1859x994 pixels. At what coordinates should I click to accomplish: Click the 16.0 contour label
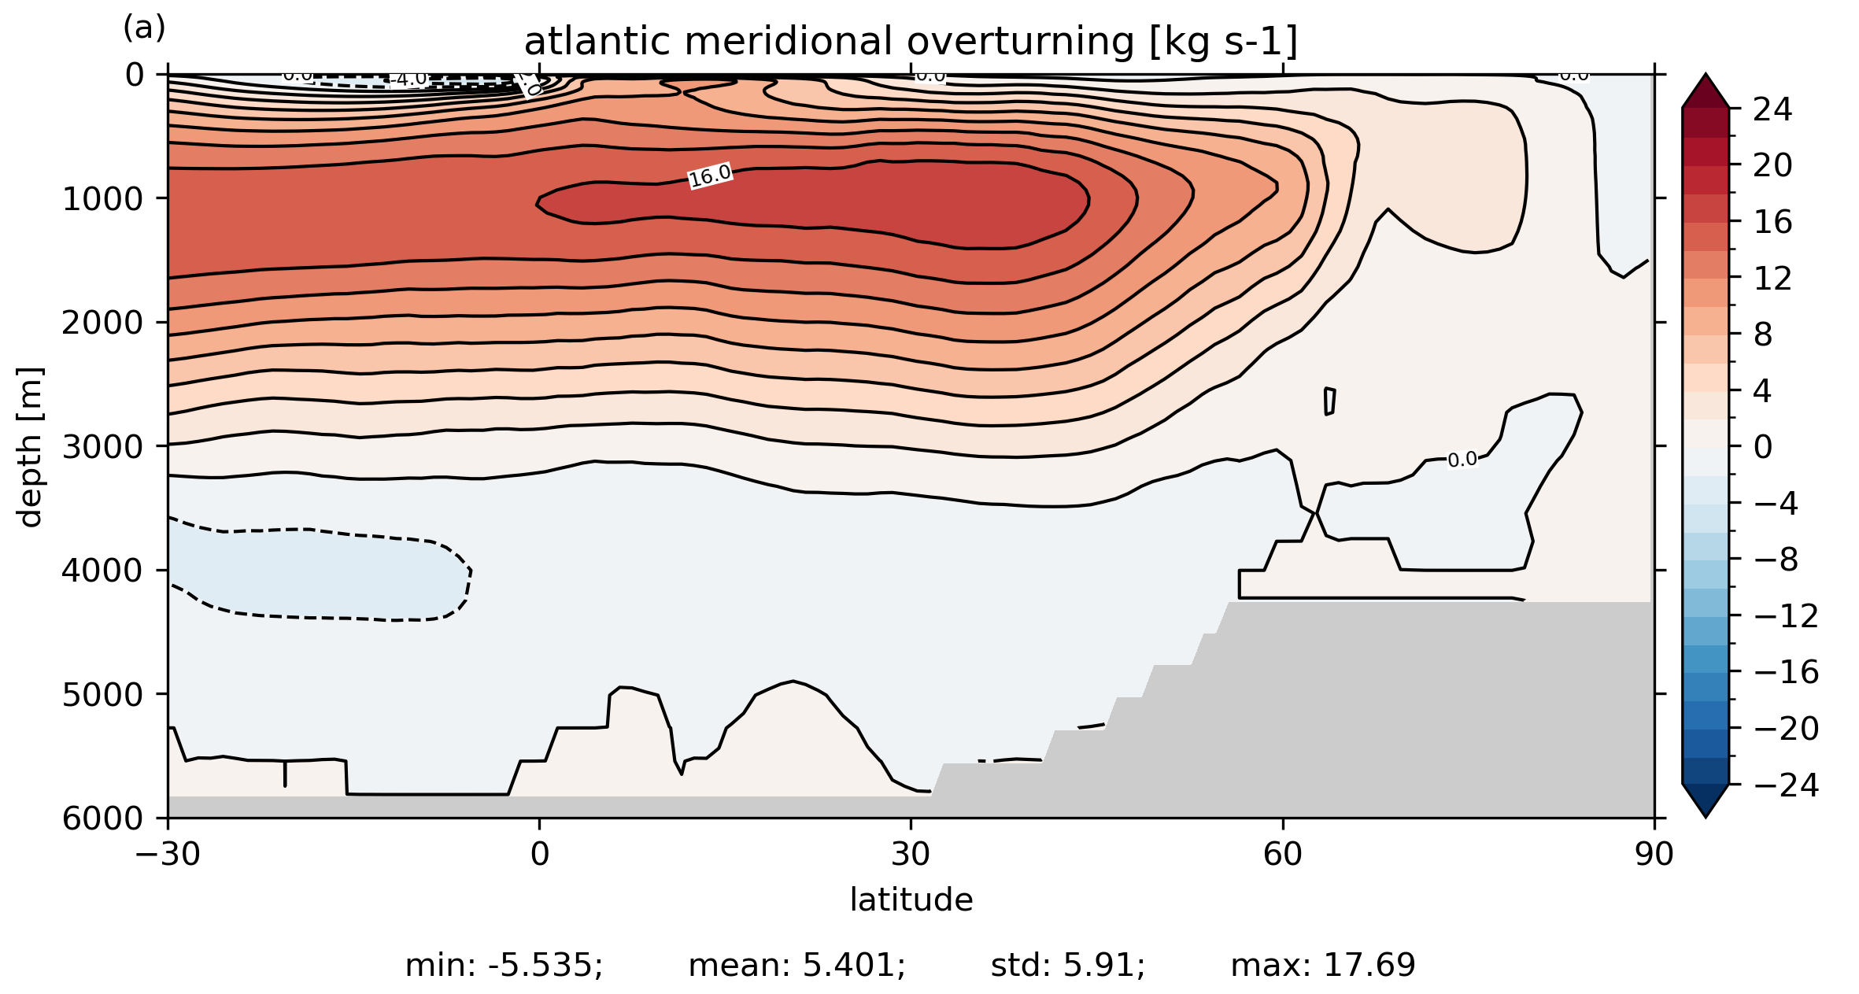[710, 176]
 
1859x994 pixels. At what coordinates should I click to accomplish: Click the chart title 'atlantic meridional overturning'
[911, 42]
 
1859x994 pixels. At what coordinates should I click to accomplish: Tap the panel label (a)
[144, 28]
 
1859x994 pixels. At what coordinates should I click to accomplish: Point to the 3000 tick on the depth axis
[103, 447]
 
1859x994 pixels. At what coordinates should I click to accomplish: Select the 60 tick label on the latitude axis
[1283, 854]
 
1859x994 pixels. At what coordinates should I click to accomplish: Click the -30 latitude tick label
[168, 854]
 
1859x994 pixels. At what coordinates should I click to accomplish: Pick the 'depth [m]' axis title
[30, 447]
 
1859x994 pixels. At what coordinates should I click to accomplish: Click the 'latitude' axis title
[911, 900]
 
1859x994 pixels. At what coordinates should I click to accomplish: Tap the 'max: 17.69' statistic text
[1323, 966]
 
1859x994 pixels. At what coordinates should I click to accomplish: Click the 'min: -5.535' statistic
[504, 966]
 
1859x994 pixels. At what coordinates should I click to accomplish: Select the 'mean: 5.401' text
[796, 966]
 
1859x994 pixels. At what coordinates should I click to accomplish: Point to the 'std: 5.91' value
[1067, 966]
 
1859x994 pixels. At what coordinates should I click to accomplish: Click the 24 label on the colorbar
[1772, 109]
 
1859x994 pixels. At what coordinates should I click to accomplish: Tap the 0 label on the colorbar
[1763, 447]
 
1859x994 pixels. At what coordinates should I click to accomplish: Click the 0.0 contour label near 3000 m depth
[1462, 460]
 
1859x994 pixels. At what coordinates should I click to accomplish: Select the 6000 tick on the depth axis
[103, 818]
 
